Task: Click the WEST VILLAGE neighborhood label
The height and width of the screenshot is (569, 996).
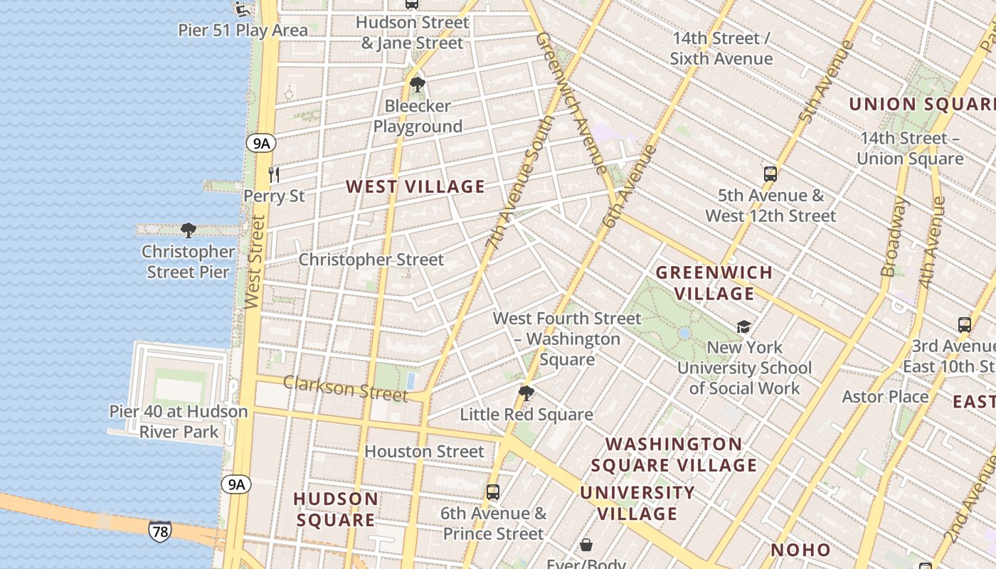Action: [x=415, y=187]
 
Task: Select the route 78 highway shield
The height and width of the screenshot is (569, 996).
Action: [x=160, y=531]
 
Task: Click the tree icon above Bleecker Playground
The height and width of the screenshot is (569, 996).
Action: [x=418, y=85]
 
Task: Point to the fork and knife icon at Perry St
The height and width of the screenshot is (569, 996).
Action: [x=274, y=174]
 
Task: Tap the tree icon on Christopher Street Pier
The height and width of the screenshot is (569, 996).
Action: [x=189, y=230]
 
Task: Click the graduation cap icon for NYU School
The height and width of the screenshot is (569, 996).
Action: [x=743, y=326]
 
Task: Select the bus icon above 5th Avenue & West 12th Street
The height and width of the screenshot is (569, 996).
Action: [x=770, y=174]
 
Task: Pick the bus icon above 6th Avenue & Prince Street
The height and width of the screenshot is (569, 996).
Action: [x=492, y=491]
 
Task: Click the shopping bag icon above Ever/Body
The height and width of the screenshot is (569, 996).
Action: [x=586, y=545]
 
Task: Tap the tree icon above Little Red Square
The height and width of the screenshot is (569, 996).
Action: [x=526, y=393]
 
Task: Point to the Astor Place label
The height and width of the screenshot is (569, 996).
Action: [x=885, y=396]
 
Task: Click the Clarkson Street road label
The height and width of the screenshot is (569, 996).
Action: [x=345, y=388]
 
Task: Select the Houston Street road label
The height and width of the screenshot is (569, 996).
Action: [x=424, y=452]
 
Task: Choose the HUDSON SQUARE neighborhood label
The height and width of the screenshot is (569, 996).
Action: [x=335, y=509]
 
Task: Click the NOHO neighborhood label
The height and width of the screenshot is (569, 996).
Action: [x=800, y=550]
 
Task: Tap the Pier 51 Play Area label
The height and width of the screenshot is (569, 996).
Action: [x=243, y=31]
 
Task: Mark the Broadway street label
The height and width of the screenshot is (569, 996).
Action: [x=894, y=237]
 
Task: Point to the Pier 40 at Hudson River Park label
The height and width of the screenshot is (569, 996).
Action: [x=179, y=422]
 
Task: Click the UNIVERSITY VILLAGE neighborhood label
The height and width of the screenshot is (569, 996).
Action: [x=637, y=503]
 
